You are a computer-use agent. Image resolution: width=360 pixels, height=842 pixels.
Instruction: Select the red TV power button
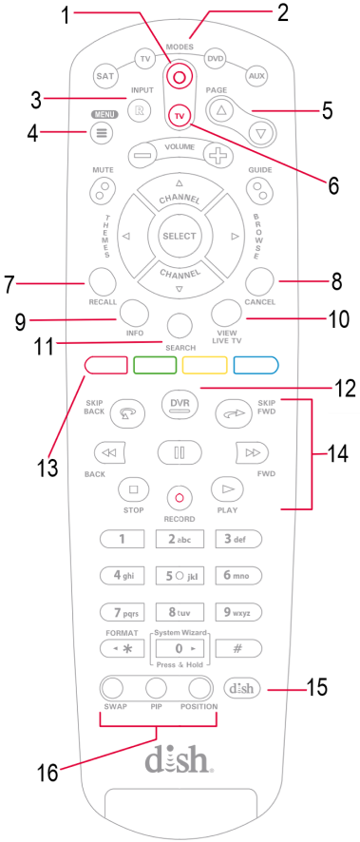coord(180,114)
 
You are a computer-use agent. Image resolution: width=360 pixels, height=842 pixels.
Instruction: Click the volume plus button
coord(218,155)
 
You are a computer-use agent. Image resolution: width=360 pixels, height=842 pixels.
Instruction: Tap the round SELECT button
coord(180,237)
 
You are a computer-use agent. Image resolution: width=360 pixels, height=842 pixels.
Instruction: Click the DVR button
coord(180,403)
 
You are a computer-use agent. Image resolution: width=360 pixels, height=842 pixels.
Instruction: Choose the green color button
coord(155,365)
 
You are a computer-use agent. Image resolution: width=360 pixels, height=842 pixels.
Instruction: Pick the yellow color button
coord(204,365)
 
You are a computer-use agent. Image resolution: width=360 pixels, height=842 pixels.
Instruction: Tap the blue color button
coord(256,365)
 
